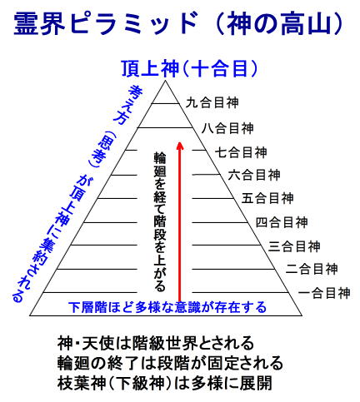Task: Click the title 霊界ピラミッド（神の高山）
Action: (x=178, y=23)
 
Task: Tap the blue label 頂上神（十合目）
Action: (x=190, y=68)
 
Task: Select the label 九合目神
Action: (x=212, y=102)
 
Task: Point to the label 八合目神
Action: (x=227, y=128)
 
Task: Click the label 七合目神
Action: (x=241, y=152)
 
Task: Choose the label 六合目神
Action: (x=254, y=175)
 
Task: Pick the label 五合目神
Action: (x=267, y=198)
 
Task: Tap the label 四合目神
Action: (x=282, y=222)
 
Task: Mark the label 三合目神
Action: (x=294, y=246)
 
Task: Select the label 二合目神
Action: (x=312, y=269)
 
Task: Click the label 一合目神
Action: (x=324, y=293)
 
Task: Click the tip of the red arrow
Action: (x=180, y=142)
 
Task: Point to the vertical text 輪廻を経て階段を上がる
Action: (x=160, y=221)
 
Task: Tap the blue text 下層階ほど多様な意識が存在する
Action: (x=167, y=307)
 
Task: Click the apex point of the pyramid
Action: (x=166, y=81)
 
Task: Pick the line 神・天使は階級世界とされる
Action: (x=156, y=343)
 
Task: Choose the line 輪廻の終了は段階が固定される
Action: (x=170, y=364)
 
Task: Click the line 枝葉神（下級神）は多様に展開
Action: (x=164, y=384)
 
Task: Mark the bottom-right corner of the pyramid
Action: (x=302, y=315)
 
